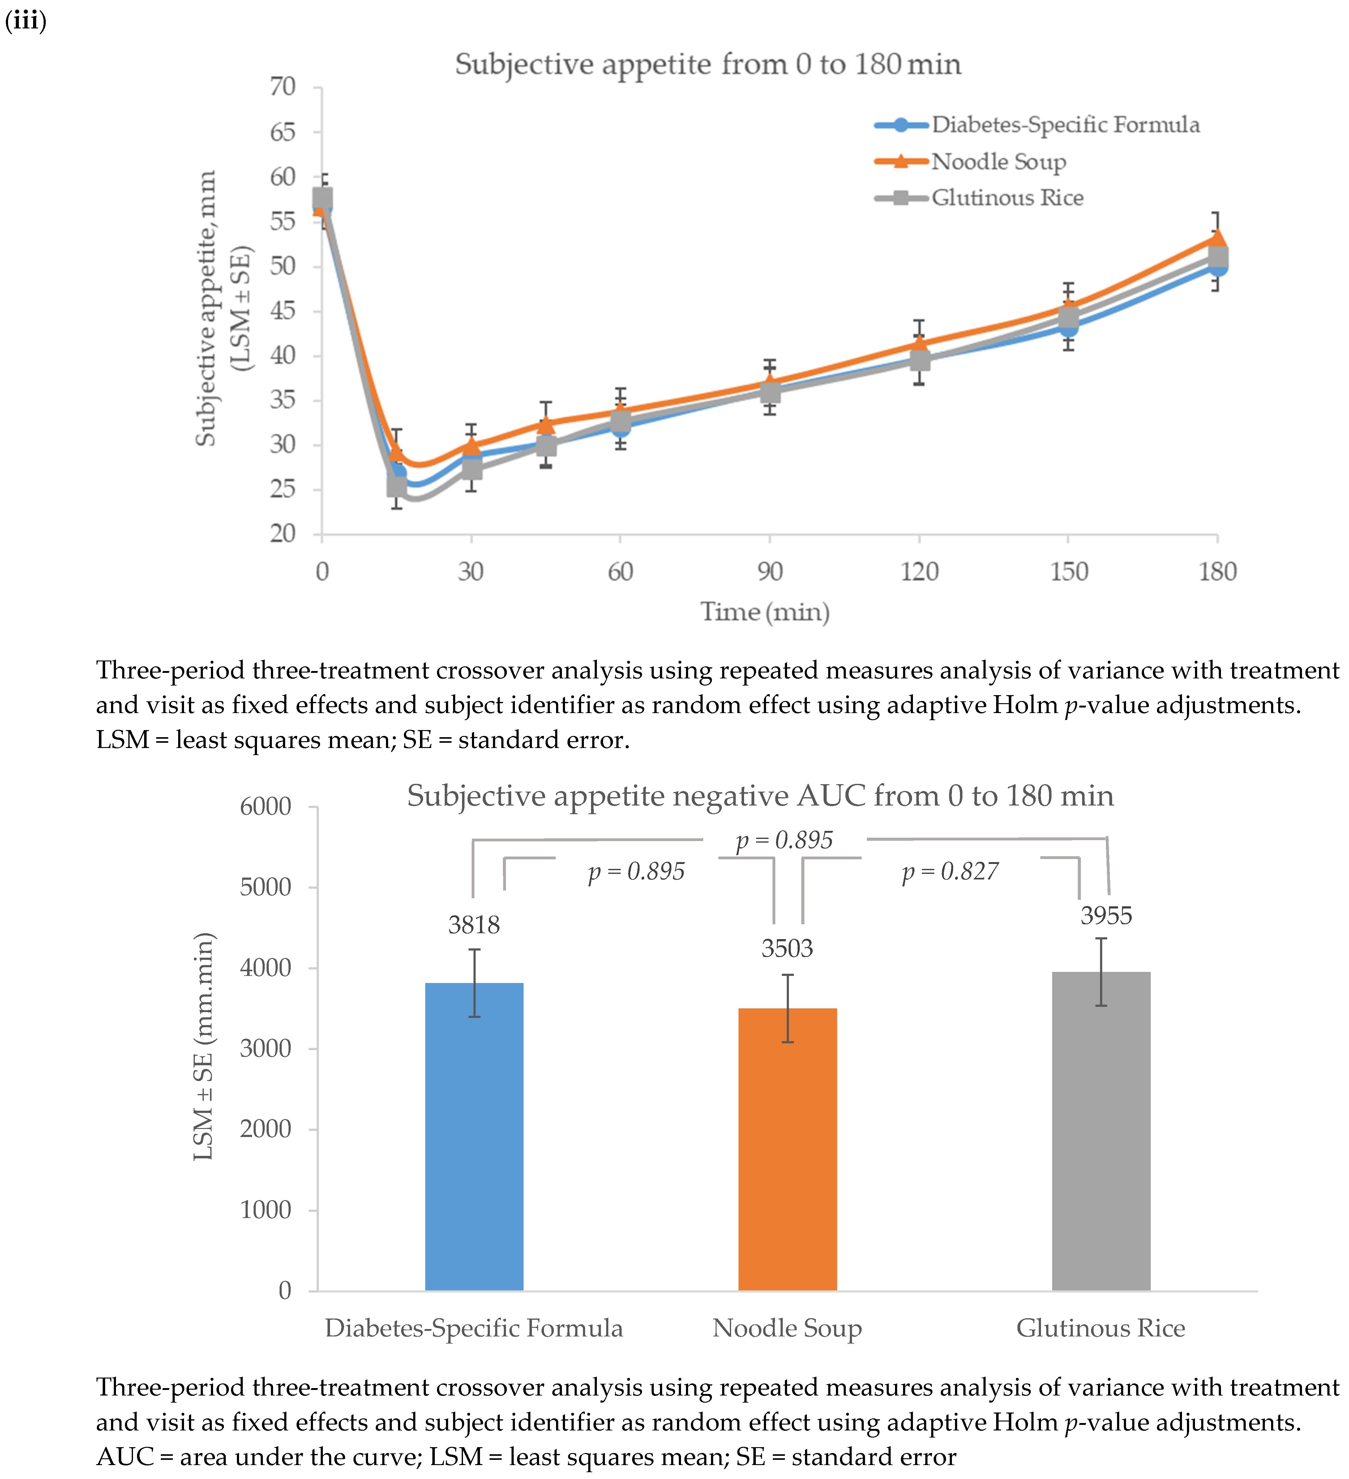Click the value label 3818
click(474, 925)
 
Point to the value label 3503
click(787, 949)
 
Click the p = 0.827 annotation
click(950, 872)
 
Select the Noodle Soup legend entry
click(998, 161)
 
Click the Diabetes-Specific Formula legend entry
click(1065, 125)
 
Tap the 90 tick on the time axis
click(769, 571)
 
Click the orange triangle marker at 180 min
click(1217, 238)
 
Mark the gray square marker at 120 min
click(919, 360)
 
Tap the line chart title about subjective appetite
click(708, 65)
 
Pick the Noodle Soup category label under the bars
click(787, 1328)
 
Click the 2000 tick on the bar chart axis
click(266, 1129)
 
